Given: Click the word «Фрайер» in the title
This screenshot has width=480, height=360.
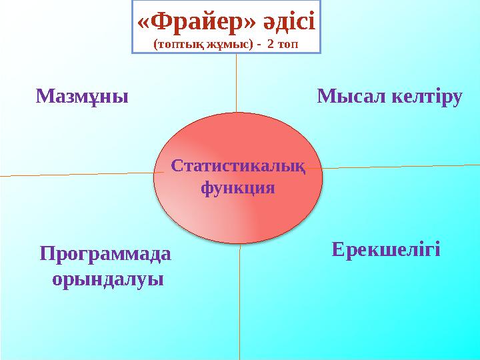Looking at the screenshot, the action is (196, 23).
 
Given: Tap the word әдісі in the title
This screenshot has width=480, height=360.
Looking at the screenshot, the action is (289, 21).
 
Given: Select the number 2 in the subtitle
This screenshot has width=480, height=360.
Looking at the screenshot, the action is (271, 44).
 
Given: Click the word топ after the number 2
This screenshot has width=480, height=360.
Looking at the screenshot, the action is (288, 45).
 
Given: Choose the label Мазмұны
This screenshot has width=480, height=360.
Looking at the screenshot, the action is (82, 97).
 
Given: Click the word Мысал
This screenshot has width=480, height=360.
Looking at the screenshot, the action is (352, 96).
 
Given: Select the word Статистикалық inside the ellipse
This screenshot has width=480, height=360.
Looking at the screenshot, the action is (238, 166).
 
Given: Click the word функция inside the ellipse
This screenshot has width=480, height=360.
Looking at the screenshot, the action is (238, 188).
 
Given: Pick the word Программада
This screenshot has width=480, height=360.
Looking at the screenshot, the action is (105, 255).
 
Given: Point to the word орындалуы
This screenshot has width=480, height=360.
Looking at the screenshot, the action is (108, 279).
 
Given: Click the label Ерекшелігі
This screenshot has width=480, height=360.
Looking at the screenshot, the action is (386, 249).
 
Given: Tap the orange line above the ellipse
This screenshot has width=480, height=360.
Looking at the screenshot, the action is (236, 83).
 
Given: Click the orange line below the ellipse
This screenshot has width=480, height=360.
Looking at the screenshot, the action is (240, 302).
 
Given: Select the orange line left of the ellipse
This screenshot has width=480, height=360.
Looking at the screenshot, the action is (82, 174).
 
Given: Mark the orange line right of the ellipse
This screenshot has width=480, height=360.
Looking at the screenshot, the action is (393, 167).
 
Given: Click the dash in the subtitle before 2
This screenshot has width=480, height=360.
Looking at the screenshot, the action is (259, 45).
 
